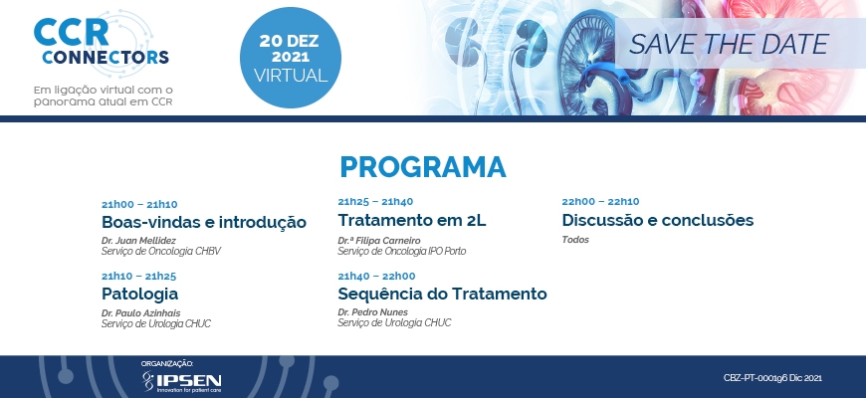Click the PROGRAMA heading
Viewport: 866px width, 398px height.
422,167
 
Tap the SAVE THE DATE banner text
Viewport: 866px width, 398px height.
729,44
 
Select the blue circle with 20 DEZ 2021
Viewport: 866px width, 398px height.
291,58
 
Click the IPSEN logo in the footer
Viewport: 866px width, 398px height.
182,381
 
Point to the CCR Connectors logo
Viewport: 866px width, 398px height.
102,43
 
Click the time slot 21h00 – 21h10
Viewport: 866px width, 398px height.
139,205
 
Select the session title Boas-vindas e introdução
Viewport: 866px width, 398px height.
204,223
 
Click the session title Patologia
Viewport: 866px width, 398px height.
139,294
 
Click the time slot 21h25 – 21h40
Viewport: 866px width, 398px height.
375,201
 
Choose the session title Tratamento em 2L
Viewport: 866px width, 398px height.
412,220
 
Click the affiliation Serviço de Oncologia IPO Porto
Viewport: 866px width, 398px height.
402,251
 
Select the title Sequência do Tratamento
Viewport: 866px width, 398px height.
442,294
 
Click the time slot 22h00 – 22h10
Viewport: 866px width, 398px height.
600,201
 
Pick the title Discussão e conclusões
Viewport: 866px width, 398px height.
658,220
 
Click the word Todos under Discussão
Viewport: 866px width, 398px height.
575,240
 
